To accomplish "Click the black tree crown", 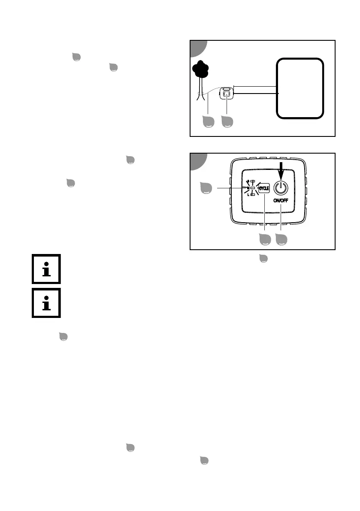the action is point(201,68).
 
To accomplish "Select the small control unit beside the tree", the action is point(227,93).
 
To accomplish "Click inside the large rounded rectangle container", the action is point(299,88).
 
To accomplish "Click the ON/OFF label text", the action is point(281,200).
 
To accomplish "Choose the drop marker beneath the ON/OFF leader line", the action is point(281,240).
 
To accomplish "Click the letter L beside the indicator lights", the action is point(248,195).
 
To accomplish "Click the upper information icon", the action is point(46,269).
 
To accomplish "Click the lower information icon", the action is point(46,303).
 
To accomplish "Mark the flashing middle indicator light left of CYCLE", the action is point(253,188).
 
